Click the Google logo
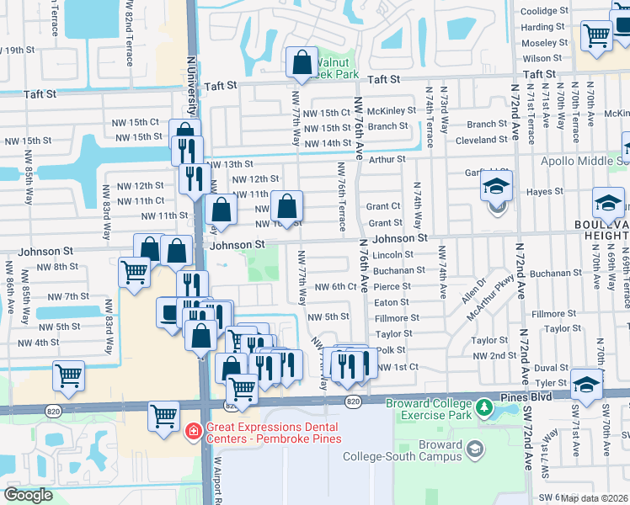tap(28, 494)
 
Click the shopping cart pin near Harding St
tap(596, 35)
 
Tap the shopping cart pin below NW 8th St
tap(135, 273)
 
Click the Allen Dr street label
tap(481, 290)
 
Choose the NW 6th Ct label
tap(336, 287)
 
